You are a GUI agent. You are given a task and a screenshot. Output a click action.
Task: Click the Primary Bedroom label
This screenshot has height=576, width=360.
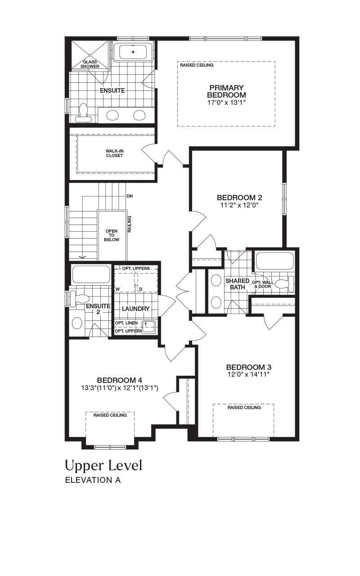tap(226, 91)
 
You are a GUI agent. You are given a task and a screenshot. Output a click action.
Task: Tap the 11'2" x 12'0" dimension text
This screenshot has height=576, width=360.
tap(239, 205)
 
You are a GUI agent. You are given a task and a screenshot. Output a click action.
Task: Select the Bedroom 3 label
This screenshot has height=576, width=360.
tap(249, 367)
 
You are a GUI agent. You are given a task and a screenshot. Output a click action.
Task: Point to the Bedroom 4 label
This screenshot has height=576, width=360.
tap(120, 380)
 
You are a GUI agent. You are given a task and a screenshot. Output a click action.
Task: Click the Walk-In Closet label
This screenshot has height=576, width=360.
tap(114, 153)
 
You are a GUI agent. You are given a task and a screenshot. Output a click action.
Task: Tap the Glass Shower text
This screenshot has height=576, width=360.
tap(90, 64)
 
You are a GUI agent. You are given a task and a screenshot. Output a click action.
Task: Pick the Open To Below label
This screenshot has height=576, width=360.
tap(112, 235)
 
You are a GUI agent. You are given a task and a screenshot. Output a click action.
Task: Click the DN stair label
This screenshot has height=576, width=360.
tap(130, 196)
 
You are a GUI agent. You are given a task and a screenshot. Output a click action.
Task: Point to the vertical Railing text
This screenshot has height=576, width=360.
tap(129, 224)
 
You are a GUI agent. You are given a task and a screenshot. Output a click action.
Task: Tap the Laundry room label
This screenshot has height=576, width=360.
tap(135, 309)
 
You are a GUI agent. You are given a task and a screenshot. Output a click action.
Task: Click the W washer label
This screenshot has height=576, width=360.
tap(117, 289)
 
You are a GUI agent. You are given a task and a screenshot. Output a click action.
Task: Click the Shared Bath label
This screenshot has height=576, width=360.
tap(238, 284)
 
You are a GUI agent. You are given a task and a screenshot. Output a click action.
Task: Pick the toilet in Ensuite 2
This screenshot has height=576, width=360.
tap(79, 298)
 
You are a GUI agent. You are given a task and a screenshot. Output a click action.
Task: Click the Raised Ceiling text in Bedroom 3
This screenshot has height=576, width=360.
tap(244, 408)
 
